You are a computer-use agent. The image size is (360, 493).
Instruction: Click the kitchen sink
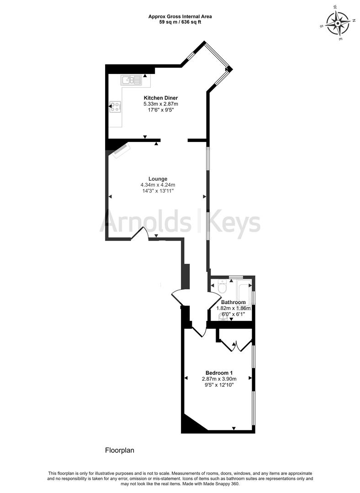(131, 80)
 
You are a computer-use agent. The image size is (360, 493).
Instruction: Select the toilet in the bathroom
(222, 287)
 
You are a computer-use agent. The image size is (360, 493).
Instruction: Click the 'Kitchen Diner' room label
(161, 98)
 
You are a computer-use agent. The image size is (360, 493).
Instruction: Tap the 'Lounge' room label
(158, 179)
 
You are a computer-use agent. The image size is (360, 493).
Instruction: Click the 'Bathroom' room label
(233, 302)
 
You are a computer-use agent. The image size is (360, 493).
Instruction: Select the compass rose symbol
(339, 23)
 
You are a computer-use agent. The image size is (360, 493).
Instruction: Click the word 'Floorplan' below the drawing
(120, 450)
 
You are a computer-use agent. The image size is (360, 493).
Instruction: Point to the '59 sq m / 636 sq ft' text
(180, 22)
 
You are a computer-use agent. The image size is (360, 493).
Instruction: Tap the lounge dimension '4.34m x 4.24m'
(158, 185)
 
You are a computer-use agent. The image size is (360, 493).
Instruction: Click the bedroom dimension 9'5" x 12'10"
(218, 385)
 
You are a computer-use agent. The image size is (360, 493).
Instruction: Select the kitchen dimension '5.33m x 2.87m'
(161, 104)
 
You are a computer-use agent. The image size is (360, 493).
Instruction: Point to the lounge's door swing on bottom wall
(140, 233)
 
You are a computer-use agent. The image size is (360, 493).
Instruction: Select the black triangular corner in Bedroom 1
(191, 425)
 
